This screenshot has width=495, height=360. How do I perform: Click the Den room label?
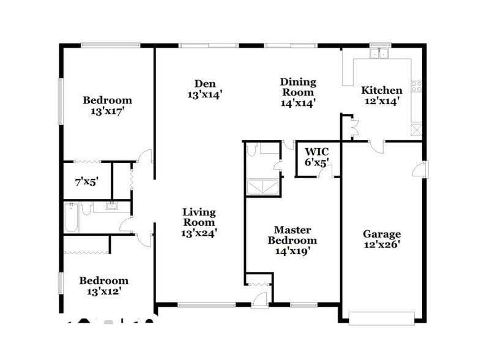click(x=204, y=89)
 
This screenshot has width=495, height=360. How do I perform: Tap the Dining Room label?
click(x=298, y=92)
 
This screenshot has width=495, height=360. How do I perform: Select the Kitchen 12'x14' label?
click(x=381, y=96)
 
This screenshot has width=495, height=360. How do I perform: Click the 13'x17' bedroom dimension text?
click(x=108, y=111)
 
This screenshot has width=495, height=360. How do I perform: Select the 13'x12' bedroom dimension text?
click(x=103, y=292)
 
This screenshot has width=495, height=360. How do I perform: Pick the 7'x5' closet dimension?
click(x=86, y=181)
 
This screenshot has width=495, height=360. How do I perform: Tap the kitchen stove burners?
click(x=417, y=87)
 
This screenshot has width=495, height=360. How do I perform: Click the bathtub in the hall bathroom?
click(x=71, y=218)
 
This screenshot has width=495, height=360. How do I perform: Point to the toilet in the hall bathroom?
click(x=87, y=210)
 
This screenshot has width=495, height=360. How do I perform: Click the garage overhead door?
click(x=381, y=317)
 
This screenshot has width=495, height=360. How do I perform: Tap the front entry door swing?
click(x=259, y=299)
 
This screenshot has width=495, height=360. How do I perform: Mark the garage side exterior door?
click(x=422, y=168)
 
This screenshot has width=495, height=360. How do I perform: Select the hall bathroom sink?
click(x=112, y=206)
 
